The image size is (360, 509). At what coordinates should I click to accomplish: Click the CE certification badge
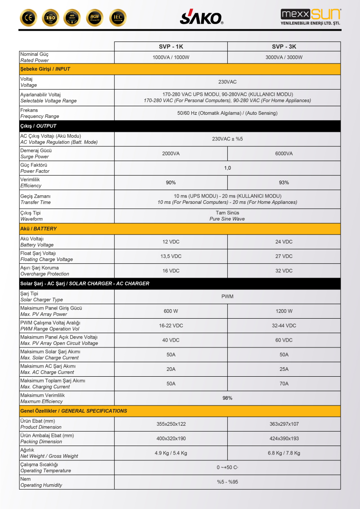pos(28,18)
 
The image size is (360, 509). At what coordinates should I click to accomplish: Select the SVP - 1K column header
pos(171,47)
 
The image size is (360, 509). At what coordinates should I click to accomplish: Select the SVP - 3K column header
pos(284,47)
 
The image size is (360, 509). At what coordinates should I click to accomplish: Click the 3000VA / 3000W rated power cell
pos(284,58)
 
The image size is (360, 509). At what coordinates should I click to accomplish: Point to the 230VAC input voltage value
pos(227,82)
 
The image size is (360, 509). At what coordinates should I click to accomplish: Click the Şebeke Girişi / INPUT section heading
pos(45,69)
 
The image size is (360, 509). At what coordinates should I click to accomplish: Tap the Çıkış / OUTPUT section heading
pos(39,126)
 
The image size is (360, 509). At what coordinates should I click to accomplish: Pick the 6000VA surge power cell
pos(284,154)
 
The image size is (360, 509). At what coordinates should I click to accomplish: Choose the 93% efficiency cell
pos(284,183)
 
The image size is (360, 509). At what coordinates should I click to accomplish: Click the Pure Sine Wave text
pos(227,219)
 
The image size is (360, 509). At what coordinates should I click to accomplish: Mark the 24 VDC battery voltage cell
pos(284,242)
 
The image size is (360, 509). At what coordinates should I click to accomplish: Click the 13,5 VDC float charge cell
pos(171,257)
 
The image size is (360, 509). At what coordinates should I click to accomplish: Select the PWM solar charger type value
pos(227,297)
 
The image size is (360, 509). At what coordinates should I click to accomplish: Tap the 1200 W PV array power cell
pos(284,311)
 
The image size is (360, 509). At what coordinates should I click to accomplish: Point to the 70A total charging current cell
pos(284,384)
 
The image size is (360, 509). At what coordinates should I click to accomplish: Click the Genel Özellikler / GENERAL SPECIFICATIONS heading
pos(74,411)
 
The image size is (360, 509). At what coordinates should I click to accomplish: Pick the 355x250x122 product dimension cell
pos(171,424)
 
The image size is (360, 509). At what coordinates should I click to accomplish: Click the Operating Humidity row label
pos(41,485)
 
